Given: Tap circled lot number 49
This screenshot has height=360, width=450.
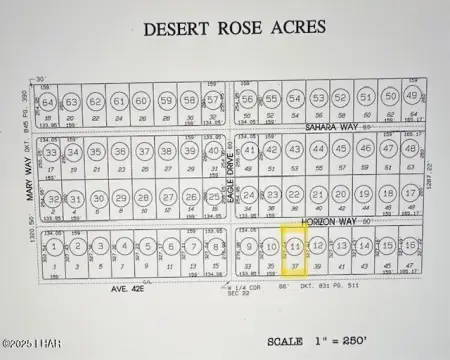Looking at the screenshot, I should tap(411, 97).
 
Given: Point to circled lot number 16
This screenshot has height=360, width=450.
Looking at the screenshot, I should tap(410, 244).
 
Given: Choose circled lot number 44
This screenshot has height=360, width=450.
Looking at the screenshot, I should tap(318, 149).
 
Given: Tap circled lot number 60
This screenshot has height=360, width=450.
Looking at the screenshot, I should tap(141, 101).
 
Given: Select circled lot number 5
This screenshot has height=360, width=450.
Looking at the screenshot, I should tap(146, 246).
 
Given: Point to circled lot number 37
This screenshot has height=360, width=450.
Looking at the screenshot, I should tap(213, 100).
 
